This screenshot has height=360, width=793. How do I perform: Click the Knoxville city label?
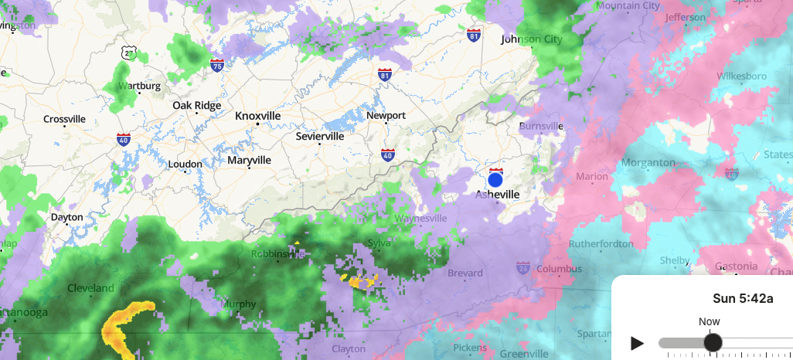257,115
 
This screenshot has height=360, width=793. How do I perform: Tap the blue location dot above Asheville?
495,179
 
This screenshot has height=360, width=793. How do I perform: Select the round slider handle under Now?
712,342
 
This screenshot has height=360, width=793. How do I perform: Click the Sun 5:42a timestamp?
739,298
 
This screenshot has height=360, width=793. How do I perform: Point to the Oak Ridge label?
196,105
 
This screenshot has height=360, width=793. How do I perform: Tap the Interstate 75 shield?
217,66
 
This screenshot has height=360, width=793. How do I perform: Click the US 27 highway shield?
129,53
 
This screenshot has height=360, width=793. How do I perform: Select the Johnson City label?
531,39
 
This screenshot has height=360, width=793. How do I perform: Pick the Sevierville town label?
319,136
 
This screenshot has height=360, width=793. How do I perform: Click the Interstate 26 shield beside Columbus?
523,268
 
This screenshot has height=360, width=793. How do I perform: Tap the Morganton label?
648,163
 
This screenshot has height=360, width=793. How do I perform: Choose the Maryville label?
249,160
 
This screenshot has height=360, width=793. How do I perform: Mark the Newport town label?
386,115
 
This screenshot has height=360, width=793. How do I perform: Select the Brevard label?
465,273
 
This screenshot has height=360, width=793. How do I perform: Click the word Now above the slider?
709,321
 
